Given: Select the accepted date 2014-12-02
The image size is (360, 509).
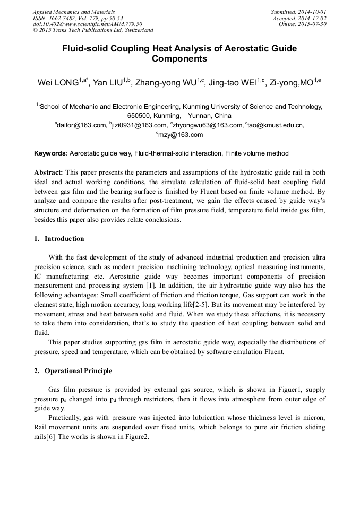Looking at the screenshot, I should click(313, 18).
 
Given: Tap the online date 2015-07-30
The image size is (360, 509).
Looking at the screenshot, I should click(313, 24).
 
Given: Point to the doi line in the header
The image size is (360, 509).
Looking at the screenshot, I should click(88, 24).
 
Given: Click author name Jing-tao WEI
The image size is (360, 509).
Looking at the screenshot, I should click(233, 83).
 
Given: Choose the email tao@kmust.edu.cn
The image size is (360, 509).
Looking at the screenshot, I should click(276, 126).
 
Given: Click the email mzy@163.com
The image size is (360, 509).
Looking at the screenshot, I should click(181, 135).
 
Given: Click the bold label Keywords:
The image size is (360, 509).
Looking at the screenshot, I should click(51, 153).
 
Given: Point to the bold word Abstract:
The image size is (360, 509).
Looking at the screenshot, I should click(49, 172).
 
